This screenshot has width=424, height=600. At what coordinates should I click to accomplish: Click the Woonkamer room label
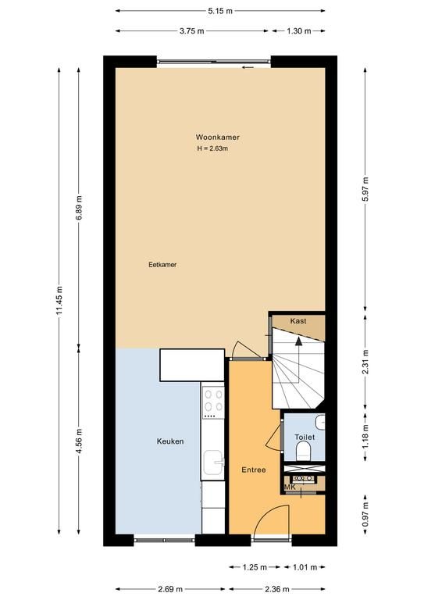(x=218, y=137)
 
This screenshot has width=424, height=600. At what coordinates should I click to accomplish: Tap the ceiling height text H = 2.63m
(x=212, y=148)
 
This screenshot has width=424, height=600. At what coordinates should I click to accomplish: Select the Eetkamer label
(x=162, y=264)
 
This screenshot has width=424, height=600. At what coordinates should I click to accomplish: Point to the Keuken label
(x=170, y=441)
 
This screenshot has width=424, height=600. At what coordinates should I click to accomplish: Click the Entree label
(x=254, y=470)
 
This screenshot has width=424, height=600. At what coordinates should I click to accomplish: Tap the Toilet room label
(x=305, y=437)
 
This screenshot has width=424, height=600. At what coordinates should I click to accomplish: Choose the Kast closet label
(x=298, y=321)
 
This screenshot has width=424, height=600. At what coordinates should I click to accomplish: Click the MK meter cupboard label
(x=290, y=487)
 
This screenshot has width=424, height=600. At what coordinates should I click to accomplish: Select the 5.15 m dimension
(x=220, y=11)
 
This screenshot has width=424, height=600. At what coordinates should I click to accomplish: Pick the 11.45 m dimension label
(x=59, y=301)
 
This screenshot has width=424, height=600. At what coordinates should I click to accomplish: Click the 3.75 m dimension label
(x=192, y=31)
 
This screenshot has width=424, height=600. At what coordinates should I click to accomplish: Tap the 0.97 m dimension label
(x=365, y=514)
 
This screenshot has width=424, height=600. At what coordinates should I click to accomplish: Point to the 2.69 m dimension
(x=170, y=589)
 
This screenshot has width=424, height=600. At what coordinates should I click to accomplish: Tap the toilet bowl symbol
(x=305, y=452)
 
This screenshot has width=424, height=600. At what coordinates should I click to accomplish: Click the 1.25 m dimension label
(x=255, y=567)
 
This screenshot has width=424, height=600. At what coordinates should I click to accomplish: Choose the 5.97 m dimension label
(x=365, y=189)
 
